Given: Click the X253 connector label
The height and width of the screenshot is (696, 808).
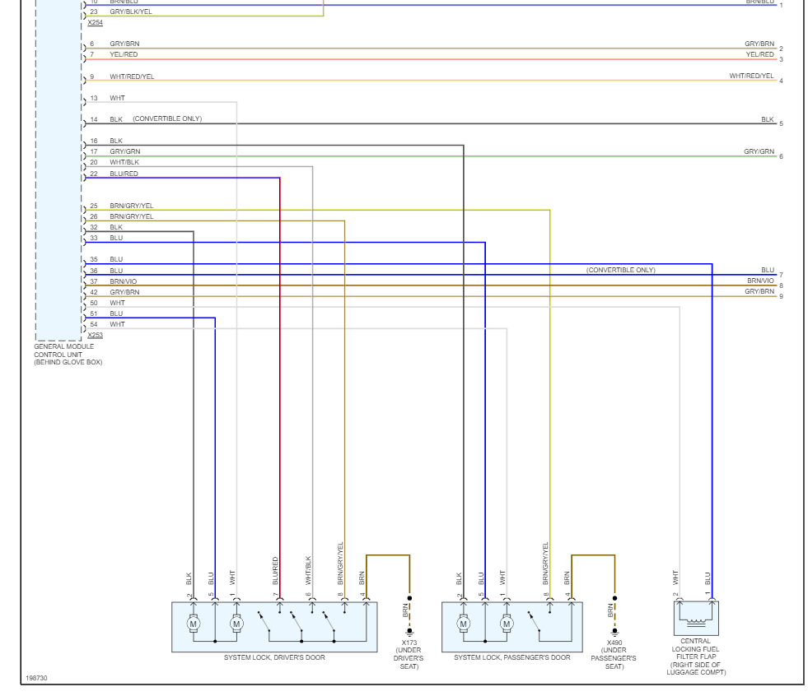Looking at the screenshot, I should pyautogui.click(x=95, y=336).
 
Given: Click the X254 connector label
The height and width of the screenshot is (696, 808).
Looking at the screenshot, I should pyautogui.click(x=95, y=22).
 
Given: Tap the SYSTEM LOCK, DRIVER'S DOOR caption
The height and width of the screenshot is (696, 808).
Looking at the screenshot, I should pyautogui.click(x=274, y=658).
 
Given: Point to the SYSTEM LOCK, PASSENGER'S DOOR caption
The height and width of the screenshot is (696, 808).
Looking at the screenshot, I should pyautogui.click(x=511, y=658).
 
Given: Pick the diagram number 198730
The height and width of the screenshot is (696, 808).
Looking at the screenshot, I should pyautogui.click(x=36, y=678).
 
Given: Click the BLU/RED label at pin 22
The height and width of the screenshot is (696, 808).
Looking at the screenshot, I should pyautogui.click(x=124, y=174).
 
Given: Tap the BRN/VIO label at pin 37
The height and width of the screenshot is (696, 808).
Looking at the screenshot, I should pyautogui.click(x=124, y=281).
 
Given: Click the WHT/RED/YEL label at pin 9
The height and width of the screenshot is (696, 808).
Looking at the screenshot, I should pyautogui.click(x=132, y=77).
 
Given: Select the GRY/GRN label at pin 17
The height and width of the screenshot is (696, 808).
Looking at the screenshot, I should pyautogui.click(x=124, y=151).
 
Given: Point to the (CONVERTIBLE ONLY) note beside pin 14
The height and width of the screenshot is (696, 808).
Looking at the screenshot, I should pyautogui.click(x=167, y=119).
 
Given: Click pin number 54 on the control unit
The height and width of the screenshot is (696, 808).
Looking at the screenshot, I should pyautogui.click(x=94, y=324).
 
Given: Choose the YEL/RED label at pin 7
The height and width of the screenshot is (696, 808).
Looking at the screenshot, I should pyautogui.click(x=124, y=54).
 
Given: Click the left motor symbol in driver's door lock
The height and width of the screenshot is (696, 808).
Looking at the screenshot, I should pyautogui.click(x=194, y=624).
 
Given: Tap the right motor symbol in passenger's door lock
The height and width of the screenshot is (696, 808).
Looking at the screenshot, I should pyautogui.click(x=507, y=624).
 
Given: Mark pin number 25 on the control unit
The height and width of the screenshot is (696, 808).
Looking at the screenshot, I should pyautogui.click(x=94, y=206).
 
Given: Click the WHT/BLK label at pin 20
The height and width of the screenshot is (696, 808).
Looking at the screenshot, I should pyautogui.click(x=124, y=162).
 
